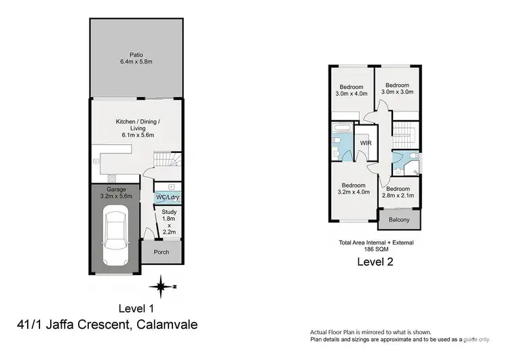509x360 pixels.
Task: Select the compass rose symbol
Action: click(x=161, y=287)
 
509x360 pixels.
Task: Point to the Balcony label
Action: click(x=399, y=220)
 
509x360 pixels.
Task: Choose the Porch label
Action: click(x=162, y=252)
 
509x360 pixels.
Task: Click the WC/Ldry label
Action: click(x=166, y=198)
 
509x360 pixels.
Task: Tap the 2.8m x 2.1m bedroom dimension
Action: click(x=398, y=196)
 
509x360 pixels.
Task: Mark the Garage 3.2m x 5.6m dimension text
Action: click(x=114, y=196)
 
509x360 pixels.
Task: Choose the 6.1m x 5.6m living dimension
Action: click(x=138, y=134)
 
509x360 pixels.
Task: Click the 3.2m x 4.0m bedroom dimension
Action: click(x=354, y=192)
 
